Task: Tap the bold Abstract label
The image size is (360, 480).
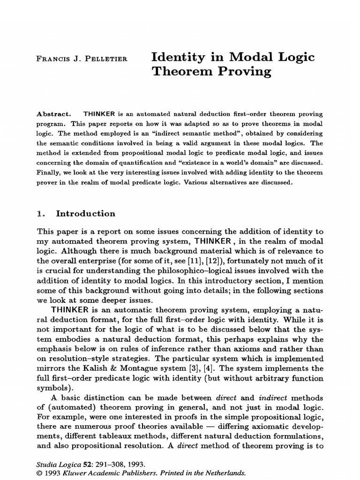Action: tap(52, 114)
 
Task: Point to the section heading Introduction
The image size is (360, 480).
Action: tap(85, 213)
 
